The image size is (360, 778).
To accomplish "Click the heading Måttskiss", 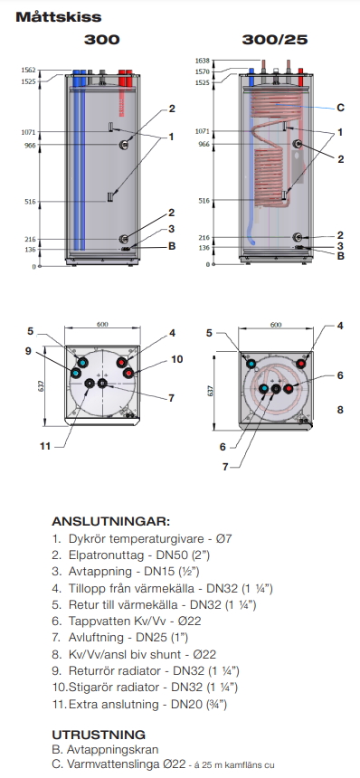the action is [x=59, y=17].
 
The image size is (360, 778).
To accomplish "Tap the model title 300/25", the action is [x=275, y=40].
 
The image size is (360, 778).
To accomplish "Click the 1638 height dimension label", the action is [x=203, y=61].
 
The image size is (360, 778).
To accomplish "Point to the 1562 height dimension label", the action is [x=28, y=71].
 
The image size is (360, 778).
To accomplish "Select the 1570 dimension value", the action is [x=203, y=72].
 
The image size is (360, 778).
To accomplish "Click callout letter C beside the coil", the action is [x=340, y=108].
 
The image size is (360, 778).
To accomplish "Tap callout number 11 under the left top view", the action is [x=45, y=447].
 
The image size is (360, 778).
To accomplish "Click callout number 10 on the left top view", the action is [x=177, y=359].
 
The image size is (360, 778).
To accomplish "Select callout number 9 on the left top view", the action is [x=28, y=351].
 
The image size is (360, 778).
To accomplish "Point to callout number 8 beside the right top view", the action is [x=340, y=410].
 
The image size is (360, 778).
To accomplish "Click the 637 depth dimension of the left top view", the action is [x=42, y=385].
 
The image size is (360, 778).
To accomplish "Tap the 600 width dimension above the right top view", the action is [x=276, y=325].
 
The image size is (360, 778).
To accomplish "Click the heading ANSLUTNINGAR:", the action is [x=110, y=522].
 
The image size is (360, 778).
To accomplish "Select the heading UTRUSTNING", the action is [x=99, y=735].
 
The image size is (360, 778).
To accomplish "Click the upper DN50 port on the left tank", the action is [x=124, y=145].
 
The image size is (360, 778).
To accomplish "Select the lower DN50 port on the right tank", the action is [x=297, y=237].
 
